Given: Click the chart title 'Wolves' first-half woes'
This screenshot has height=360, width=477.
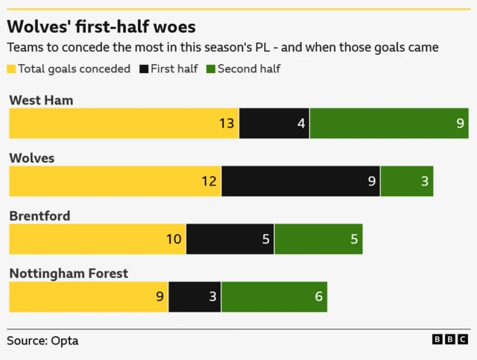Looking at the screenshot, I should (x=101, y=27).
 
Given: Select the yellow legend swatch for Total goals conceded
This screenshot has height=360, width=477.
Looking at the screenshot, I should (x=12, y=69).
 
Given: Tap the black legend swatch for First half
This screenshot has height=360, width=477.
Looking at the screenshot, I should (x=143, y=69).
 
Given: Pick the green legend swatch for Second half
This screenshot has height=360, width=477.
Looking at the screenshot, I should (x=210, y=69).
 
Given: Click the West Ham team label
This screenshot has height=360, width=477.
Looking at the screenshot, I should (x=41, y=100).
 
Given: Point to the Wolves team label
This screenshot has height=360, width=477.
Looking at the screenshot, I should (x=32, y=158).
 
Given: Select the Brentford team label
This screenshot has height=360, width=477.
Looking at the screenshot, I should (x=40, y=216).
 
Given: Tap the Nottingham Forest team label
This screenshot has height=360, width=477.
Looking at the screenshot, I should (x=69, y=274).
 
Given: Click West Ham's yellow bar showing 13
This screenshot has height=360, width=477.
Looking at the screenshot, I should (x=124, y=124).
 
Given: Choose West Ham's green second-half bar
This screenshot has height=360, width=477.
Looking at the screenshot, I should (x=388, y=124).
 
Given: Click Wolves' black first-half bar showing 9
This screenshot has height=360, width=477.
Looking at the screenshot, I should (x=300, y=181).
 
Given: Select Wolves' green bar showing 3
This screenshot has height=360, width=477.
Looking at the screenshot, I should (x=406, y=181).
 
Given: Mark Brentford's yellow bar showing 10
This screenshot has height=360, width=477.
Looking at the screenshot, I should (x=97, y=239).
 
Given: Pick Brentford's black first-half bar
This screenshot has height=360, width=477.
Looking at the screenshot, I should (x=230, y=239).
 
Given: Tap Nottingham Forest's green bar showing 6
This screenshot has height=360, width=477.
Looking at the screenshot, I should (x=274, y=297).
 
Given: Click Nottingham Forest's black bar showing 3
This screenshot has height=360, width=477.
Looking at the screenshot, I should (x=195, y=297).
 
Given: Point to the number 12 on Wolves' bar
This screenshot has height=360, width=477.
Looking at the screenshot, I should (x=209, y=181).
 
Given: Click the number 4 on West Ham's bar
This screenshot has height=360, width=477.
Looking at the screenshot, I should (x=301, y=124).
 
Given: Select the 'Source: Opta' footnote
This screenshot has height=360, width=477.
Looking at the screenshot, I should (x=42, y=341).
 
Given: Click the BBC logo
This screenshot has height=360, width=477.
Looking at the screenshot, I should (x=449, y=340).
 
